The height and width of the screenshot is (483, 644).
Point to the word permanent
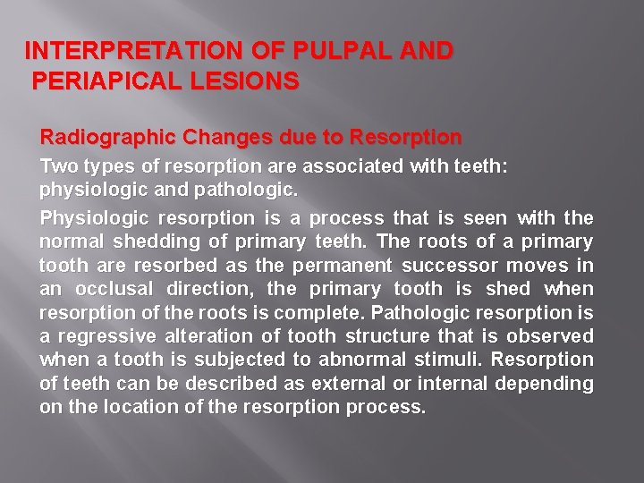coord(346,266)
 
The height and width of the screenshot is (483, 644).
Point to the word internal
coord(436,383)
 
